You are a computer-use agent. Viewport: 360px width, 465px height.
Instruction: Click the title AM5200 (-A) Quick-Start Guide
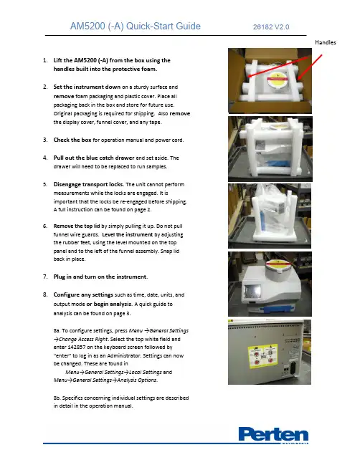pos(136,26)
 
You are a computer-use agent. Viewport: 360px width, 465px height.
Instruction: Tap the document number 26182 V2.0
pos(271,27)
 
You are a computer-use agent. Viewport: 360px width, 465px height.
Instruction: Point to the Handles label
pos(326,42)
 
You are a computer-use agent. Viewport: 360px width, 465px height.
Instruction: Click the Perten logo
pos(273,435)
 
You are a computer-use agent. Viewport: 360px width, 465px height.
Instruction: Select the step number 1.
pos(45,60)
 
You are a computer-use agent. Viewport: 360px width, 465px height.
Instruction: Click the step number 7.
pos(45,277)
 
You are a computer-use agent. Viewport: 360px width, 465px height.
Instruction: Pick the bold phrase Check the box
pos(72,140)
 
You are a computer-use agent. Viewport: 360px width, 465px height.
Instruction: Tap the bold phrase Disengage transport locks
pos(88,184)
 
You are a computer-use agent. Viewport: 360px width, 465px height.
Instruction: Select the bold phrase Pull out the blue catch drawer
pos(94,158)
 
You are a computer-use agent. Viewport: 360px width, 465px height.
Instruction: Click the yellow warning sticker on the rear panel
pos(262,356)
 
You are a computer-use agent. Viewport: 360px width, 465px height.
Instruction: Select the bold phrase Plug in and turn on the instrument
pos(100,277)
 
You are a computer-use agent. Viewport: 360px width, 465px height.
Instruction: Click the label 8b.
pos(57,398)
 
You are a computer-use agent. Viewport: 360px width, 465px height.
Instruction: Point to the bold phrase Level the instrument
pos(128,234)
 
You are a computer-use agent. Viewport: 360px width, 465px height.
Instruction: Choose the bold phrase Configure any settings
pos(83,294)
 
